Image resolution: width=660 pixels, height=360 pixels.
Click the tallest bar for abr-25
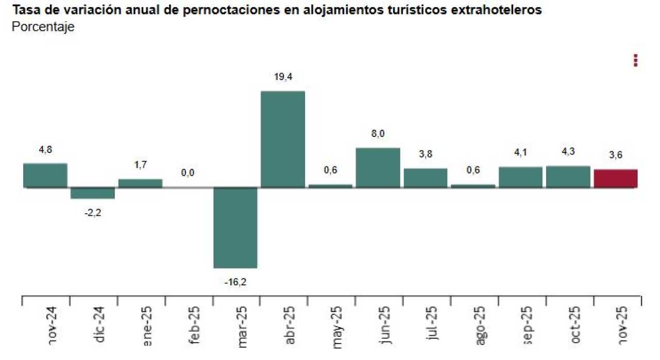coord(283,139)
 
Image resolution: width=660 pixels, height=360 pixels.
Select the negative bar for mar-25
coord(235,228)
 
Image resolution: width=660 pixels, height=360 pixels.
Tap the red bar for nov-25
coord(616,178)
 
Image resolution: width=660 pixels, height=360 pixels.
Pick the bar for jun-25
coord(378,167)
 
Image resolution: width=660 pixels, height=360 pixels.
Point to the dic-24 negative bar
coord(93,193)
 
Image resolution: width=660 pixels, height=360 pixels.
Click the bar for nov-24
coord(45,175)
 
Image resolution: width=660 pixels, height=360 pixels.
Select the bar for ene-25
coord(140,183)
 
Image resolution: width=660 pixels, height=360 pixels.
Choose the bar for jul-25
coord(426,178)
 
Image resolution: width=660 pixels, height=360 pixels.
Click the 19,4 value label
coord(283,77)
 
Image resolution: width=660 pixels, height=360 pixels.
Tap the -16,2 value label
coord(235,281)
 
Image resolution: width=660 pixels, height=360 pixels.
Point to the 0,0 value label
coord(188,173)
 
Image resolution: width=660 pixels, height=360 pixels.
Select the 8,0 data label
coord(378,134)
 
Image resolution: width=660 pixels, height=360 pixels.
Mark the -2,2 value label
coord(93,212)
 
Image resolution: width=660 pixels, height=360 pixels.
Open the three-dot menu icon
coord(635,61)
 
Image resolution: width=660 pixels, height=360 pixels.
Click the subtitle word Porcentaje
coord(43,27)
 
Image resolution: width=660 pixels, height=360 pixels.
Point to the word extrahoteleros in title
coord(497,10)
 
